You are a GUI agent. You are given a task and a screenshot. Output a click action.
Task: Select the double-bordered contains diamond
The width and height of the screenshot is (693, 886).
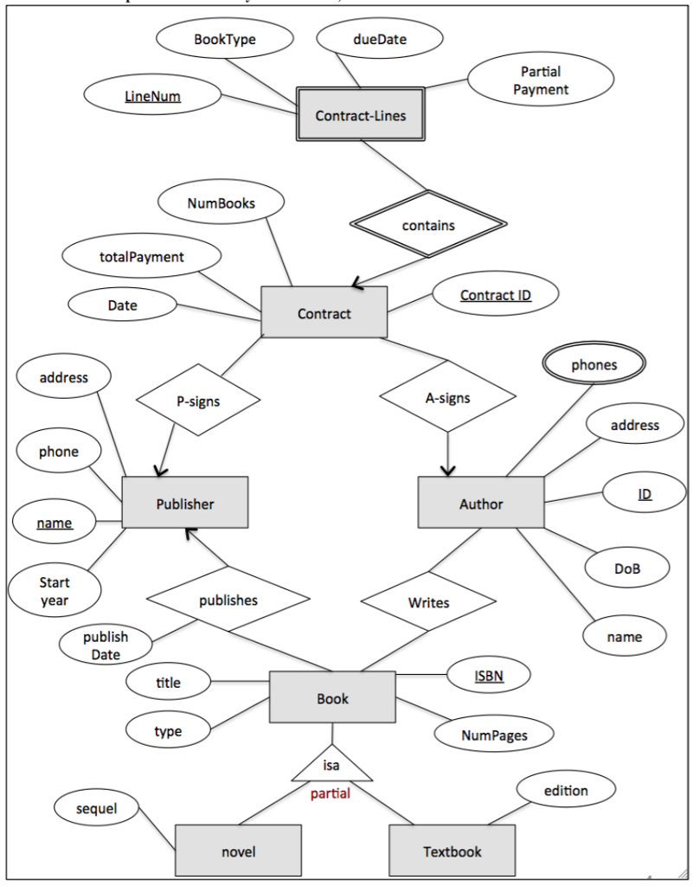(x=427, y=225)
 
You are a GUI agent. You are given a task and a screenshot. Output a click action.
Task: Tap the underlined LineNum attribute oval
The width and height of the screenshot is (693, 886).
(x=152, y=96)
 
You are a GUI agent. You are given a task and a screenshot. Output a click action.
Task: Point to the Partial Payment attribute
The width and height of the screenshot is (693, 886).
(x=541, y=80)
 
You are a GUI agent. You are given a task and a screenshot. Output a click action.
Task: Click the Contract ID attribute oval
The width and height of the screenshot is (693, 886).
(x=495, y=295)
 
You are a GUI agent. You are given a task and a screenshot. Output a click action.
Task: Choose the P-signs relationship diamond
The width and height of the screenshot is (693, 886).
(x=198, y=401)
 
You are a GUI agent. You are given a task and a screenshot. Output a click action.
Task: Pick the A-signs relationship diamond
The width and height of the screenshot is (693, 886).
(x=447, y=399)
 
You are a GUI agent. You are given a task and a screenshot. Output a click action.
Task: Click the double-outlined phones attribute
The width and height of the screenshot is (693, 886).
(x=594, y=365)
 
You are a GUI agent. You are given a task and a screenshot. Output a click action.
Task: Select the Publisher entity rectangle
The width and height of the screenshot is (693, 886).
(x=185, y=503)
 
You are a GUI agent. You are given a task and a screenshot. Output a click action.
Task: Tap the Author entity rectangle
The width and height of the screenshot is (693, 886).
(x=481, y=503)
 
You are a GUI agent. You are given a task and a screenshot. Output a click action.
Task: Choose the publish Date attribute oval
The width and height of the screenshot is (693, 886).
(x=106, y=645)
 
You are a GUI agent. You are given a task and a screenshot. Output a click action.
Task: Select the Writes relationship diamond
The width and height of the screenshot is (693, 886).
(x=428, y=602)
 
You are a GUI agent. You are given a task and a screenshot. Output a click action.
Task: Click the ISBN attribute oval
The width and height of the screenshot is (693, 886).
(x=488, y=675)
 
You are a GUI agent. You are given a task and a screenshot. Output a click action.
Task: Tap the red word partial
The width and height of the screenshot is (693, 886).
(x=330, y=793)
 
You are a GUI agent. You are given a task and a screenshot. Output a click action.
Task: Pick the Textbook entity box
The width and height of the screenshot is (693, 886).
(x=452, y=851)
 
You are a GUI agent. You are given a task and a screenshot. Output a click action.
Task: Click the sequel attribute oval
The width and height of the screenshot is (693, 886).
(x=96, y=808)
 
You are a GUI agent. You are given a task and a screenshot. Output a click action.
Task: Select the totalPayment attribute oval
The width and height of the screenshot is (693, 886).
(x=141, y=257)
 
